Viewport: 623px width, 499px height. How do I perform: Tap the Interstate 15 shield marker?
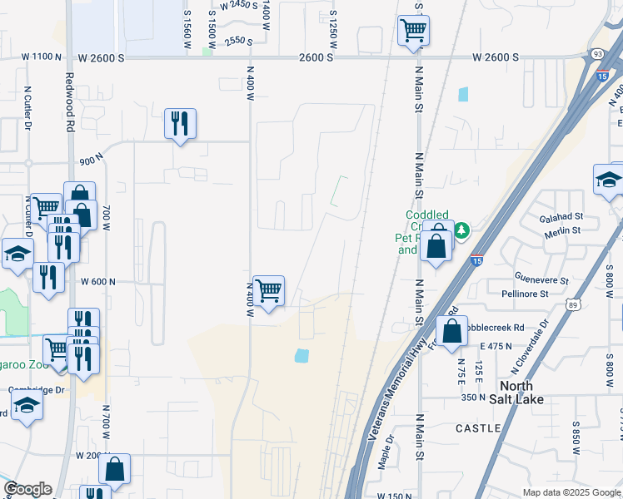(477, 261)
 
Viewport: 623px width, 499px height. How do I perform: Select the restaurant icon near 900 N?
(180, 124)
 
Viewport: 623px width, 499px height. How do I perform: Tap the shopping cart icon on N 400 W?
(268, 291)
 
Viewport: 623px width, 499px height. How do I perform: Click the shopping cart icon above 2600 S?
(413, 31)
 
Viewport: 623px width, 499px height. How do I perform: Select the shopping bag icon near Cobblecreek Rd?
(451, 331)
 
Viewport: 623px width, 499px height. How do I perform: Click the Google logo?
(27, 489)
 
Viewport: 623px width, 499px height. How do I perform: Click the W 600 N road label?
(97, 282)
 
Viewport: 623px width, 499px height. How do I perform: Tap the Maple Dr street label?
(386, 454)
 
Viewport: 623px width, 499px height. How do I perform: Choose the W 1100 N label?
(42, 57)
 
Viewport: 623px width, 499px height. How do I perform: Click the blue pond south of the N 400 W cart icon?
(302, 356)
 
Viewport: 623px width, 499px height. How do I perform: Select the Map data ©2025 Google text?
(571, 492)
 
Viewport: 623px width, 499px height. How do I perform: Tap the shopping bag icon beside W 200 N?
(114, 468)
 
